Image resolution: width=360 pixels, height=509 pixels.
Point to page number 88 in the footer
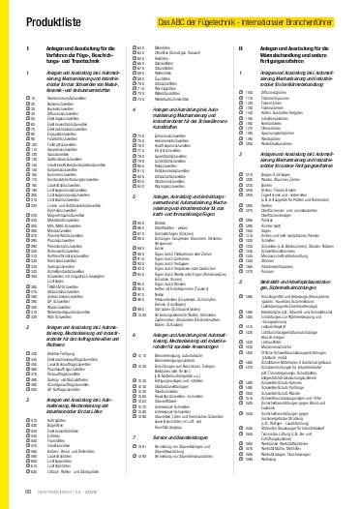tap(27, 495)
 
